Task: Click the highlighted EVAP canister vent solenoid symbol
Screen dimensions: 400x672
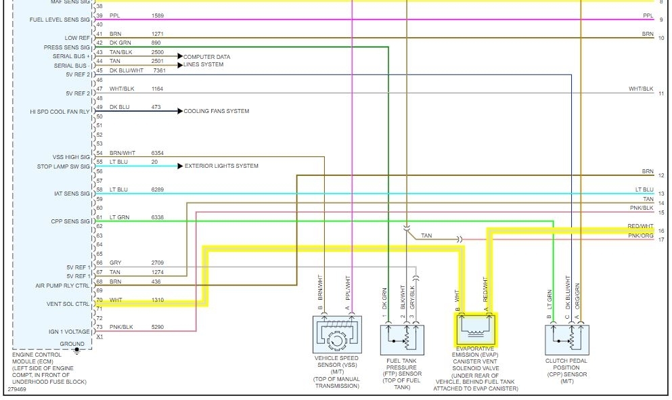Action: tap(476, 329)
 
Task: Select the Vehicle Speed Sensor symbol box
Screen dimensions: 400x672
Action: tap(336, 336)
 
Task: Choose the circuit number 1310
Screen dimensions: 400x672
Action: tap(158, 299)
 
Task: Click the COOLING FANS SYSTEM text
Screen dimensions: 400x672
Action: tap(217, 111)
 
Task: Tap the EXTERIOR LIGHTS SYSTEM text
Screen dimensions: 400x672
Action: tap(221, 166)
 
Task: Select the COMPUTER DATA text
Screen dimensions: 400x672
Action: tap(207, 57)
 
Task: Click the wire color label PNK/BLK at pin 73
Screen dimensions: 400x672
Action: tap(121, 327)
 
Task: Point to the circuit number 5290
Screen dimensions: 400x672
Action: tap(158, 327)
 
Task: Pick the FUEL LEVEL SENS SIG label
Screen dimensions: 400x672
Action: tap(60, 19)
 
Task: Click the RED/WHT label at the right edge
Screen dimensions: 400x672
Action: tap(640, 226)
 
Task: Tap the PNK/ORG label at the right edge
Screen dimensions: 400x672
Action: tap(640, 236)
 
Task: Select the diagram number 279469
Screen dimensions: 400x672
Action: tap(18, 389)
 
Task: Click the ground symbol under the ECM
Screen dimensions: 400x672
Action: tap(76, 350)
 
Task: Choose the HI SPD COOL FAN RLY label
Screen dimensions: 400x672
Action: tap(60, 111)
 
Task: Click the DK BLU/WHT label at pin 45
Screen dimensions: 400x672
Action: tap(127, 70)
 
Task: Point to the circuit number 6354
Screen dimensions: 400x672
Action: tap(158, 153)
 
